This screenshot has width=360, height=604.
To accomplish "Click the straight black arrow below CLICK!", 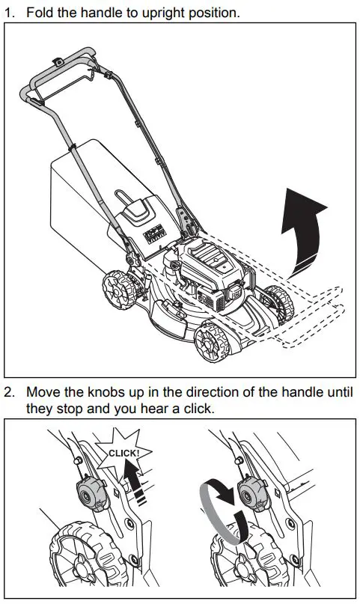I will [134, 483].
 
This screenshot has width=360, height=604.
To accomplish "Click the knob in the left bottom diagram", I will [90, 493].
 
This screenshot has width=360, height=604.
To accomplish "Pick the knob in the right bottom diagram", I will [251, 493].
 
